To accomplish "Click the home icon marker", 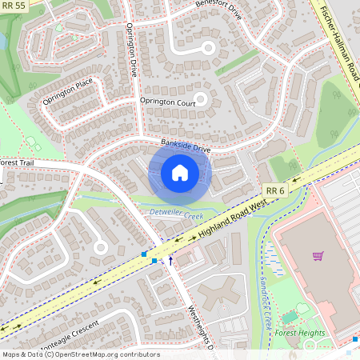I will click(179, 172).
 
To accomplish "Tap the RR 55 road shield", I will click(14, 6).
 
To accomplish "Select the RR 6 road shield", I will click(275, 190).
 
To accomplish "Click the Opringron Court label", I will click(167, 102).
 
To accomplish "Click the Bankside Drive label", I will click(185, 146).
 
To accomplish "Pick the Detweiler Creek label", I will click(177, 211).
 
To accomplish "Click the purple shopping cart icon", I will click(318, 257).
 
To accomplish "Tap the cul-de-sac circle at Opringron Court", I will click(200, 100).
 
